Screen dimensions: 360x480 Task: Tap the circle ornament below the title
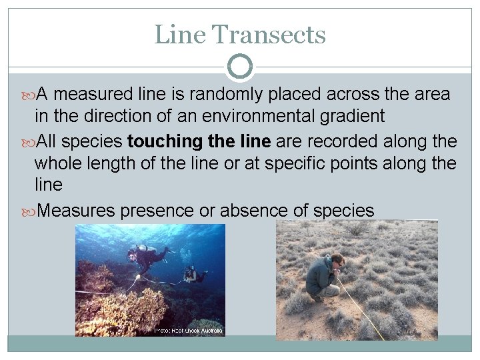point(240,67)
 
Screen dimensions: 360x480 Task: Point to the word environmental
point(255,116)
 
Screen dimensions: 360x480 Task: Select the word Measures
point(77,211)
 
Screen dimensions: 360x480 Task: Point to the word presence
point(155,211)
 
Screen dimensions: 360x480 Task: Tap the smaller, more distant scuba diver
point(193,273)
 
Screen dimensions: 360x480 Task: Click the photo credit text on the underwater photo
point(189,330)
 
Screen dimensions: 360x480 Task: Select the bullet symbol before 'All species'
point(29,142)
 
